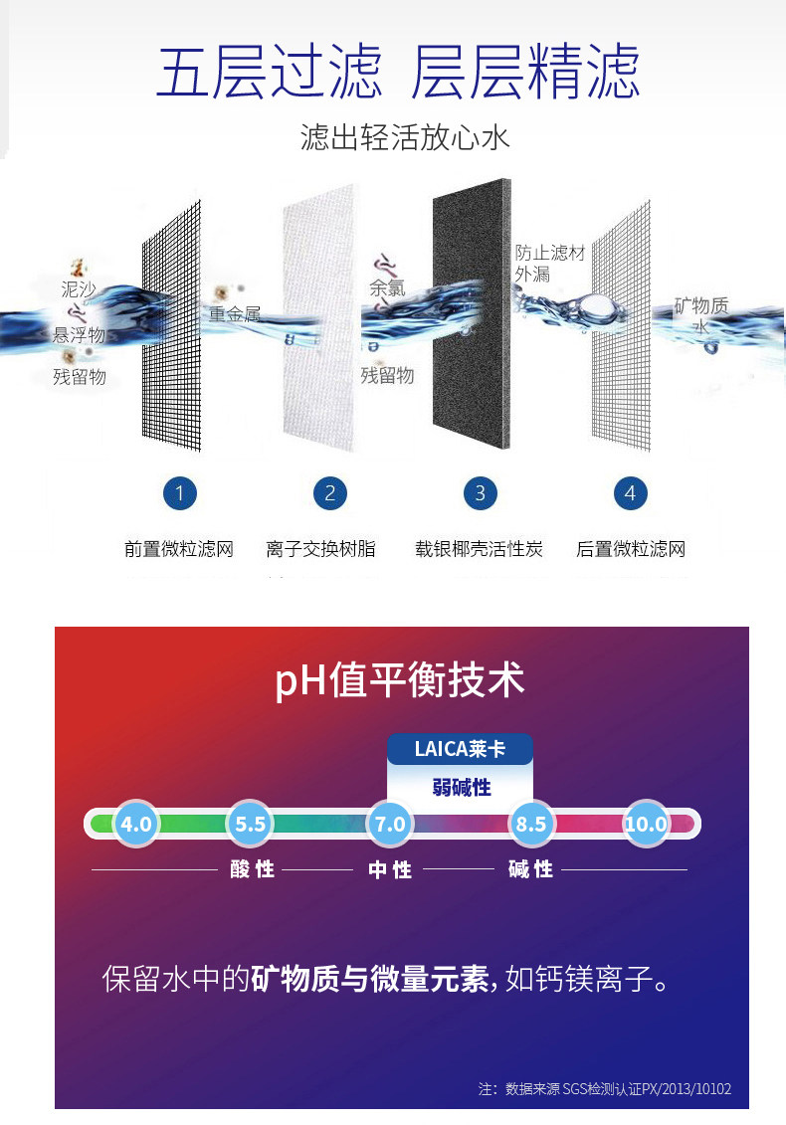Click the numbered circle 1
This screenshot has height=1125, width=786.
(179, 493)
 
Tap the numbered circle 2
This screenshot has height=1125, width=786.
(330, 493)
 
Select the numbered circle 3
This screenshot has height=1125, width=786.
(481, 493)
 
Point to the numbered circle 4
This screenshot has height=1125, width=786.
(630, 493)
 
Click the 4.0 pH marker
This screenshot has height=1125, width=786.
(135, 824)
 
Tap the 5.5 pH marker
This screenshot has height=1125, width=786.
(250, 824)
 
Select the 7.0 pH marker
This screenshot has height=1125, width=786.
(390, 824)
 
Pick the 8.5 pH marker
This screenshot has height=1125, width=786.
(530, 824)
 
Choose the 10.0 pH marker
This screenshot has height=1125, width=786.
(646, 824)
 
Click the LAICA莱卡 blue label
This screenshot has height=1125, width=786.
(460, 749)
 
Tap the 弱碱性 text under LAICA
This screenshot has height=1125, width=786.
(462, 788)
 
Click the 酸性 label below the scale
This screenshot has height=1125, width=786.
(252, 869)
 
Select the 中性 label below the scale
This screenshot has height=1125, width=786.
(390, 870)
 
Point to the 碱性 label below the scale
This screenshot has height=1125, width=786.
(530, 869)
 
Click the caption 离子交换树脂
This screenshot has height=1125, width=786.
(320, 550)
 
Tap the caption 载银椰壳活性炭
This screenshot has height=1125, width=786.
(479, 550)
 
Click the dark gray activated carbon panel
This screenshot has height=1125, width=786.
(472, 314)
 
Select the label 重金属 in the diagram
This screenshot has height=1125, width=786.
(235, 314)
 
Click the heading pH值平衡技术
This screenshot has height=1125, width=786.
(400, 680)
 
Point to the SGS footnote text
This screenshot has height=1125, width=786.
(605, 1089)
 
